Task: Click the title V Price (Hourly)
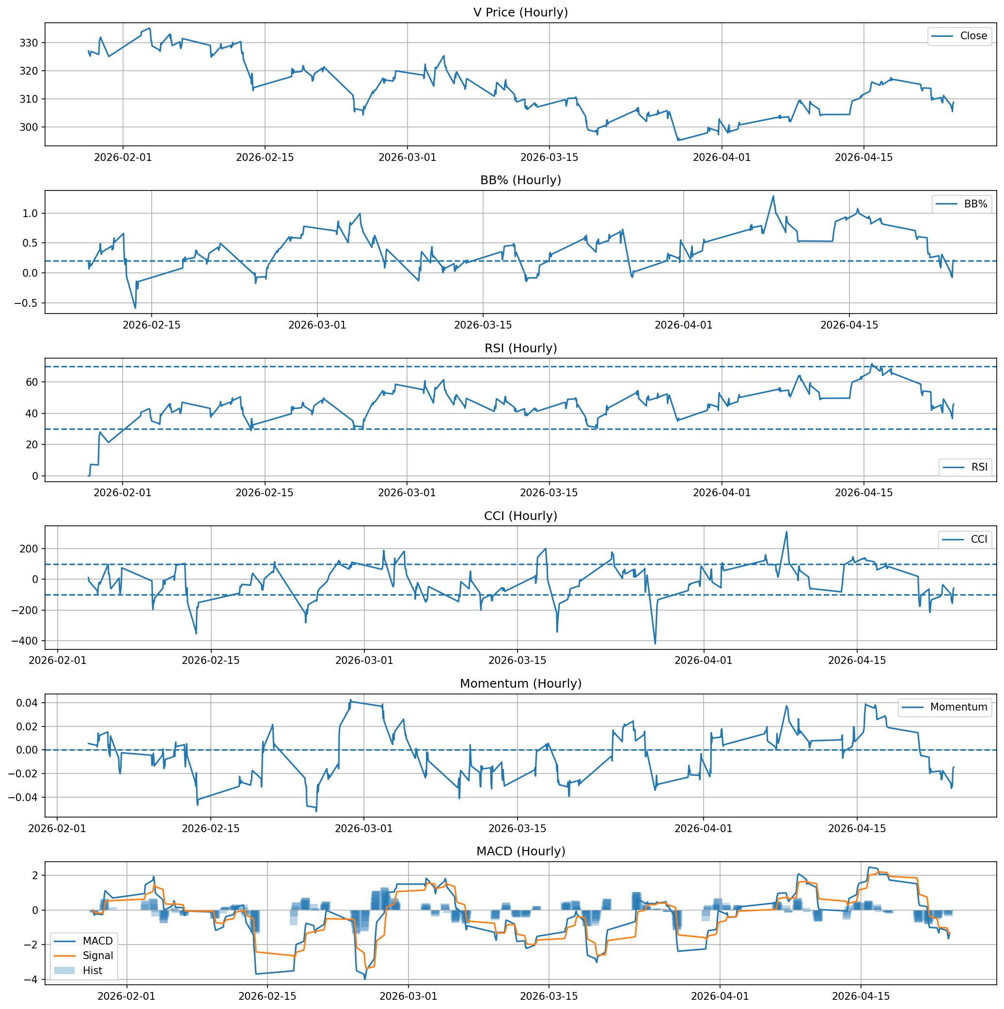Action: click(520, 12)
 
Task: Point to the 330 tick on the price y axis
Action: click(31, 43)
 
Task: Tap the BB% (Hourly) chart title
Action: click(520, 180)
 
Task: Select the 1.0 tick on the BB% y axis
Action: click(31, 213)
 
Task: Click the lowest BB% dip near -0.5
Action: click(135, 308)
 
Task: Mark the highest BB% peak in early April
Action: click(773, 196)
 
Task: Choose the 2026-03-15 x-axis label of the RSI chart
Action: click(549, 493)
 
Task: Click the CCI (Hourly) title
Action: click(520, 516)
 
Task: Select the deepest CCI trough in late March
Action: click(655, 644)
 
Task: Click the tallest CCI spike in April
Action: click(786, 532)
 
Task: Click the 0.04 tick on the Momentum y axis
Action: click(27, 703)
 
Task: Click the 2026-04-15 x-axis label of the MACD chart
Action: click(860, 996)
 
